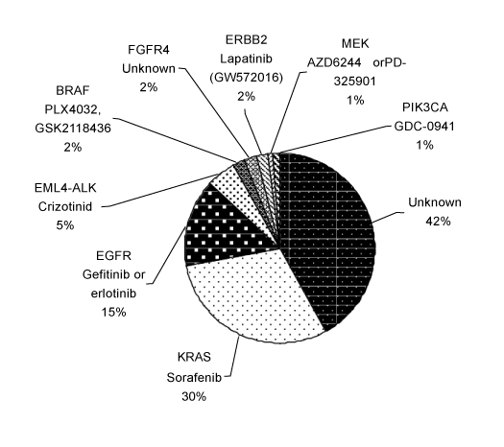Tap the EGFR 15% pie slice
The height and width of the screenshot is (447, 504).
[x=225, y=228]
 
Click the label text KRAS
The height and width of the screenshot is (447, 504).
[x=194, y=357]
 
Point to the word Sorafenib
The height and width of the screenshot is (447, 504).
[x=194, y=377]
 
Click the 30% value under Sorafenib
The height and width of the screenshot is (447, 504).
[x=194, y=397]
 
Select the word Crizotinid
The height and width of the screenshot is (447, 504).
[x=65, y=206]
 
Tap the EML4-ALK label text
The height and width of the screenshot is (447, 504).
[x=65, y=188]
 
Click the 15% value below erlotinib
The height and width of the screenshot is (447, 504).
[x=113, y=312]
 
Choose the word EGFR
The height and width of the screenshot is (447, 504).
[x=113, y=255]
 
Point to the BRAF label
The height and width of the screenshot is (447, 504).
[x=73, y=90]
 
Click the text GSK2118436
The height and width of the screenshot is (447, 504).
[x=73, y=129]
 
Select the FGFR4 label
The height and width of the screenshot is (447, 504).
[x=149, y=50]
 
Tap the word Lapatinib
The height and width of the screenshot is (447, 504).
[x=246, y=59]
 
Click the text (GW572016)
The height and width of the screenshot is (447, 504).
[x=246, y=78]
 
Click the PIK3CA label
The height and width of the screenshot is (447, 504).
[x=424, y=107]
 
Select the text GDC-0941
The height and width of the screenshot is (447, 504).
[x=424, y=127]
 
